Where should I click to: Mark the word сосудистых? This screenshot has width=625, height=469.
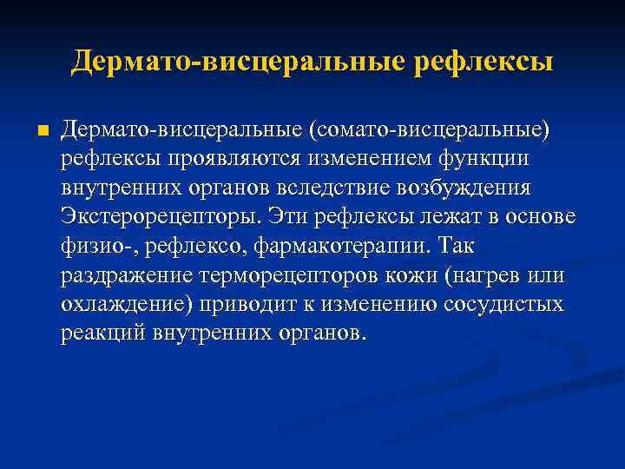point(503,305)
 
